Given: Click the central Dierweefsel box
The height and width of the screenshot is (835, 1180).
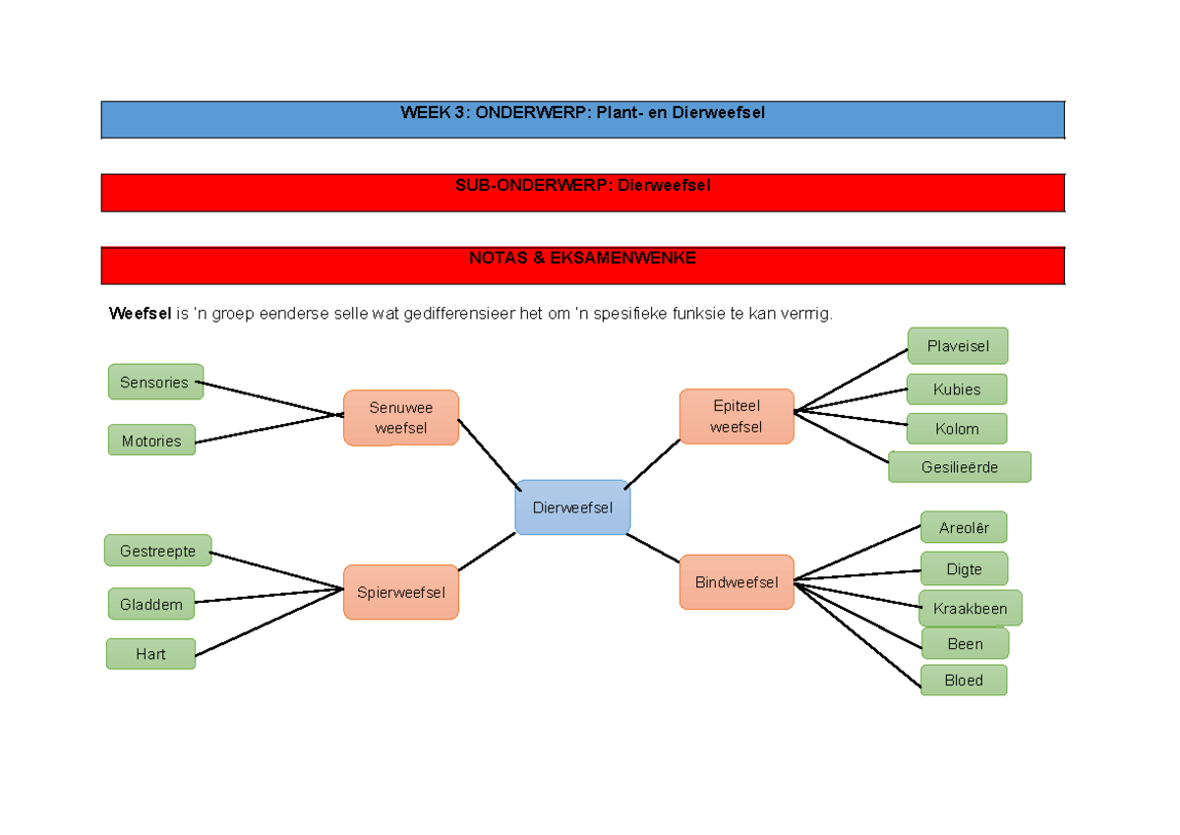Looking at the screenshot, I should click(x=572, y=507).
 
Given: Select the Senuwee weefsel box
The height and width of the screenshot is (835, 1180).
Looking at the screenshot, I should click(x=401, y=418).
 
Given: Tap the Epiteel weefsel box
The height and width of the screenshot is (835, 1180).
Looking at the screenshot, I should click(x=737, y=416).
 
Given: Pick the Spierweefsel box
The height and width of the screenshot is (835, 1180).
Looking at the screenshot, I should click(x=401, y=592).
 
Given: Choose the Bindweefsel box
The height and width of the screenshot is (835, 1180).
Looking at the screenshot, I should click(x=737, y=582).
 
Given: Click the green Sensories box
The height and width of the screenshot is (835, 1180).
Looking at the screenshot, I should click(x=155, y=382).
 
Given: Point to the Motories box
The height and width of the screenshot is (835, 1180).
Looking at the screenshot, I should click(x=151, y=441).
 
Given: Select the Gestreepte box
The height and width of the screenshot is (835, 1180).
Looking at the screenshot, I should click(x=158, y=551).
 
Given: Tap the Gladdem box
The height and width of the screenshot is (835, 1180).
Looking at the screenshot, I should click(x=151, y=604).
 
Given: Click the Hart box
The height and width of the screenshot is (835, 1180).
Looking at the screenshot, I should click(x=151, y=653).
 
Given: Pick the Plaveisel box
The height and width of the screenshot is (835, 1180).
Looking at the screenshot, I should click(x=958, y=345).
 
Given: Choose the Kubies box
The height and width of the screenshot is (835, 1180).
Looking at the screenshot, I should click(x=957, y=388).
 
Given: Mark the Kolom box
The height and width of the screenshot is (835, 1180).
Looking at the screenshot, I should click(x=957, y=429).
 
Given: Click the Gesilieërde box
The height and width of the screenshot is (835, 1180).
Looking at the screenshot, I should click(x=960, y=467).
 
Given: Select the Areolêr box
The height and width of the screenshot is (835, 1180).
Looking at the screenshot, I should click(x=964, y=527).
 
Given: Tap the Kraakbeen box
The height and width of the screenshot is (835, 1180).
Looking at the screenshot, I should click(x=971, y=609).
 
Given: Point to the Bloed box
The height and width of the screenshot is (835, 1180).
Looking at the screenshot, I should click(x=964, y=680).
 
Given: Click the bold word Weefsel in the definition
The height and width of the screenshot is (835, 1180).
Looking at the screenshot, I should click(x=140, y=314).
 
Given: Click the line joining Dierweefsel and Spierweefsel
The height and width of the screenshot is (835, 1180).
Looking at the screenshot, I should click(x=487, y=552).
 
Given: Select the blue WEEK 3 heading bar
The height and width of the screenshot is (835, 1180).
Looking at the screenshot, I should click(x=583, y=119).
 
